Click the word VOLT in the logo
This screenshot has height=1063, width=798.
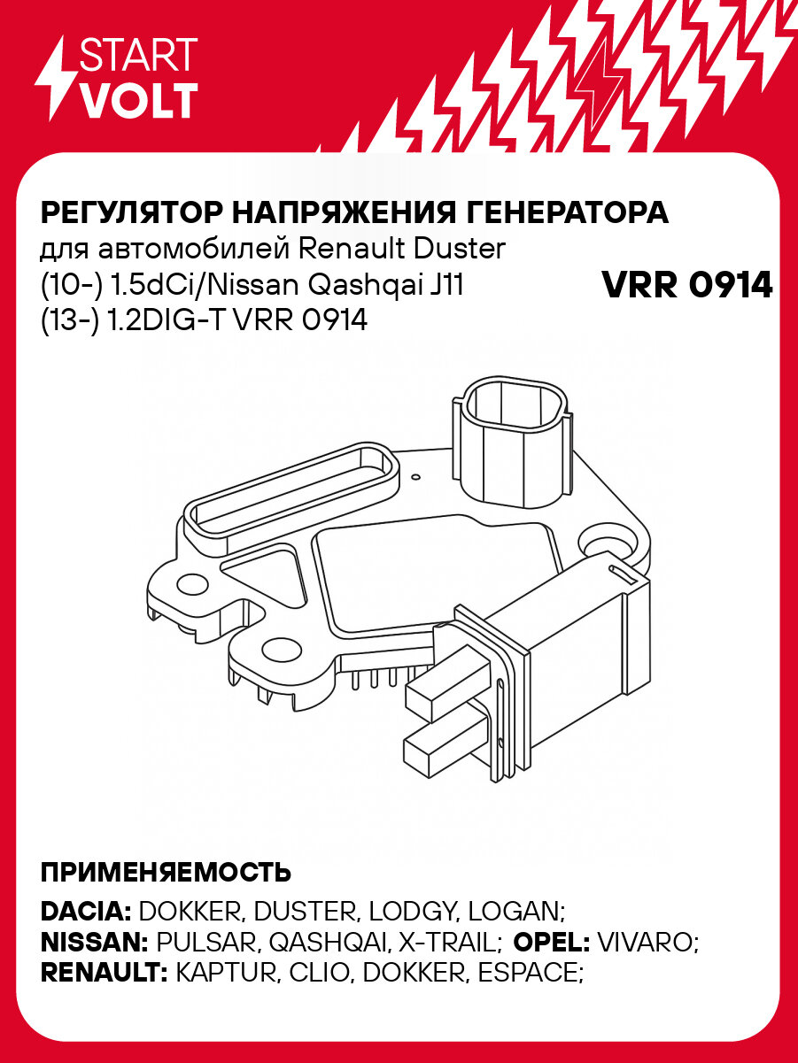(x=139, y=102)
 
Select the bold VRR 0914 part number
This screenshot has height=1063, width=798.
(x=686, y=285)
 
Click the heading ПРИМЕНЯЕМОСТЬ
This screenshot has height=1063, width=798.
(x=166, y=872)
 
